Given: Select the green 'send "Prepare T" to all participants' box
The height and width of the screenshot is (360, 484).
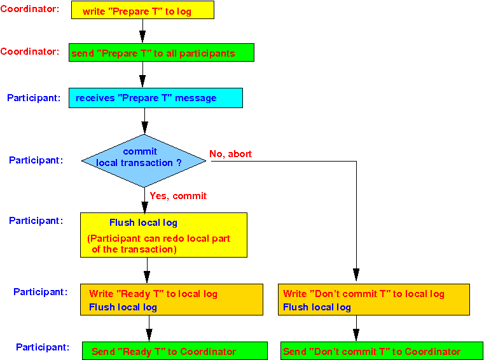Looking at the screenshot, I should pyautogui.click(x=161, y=53).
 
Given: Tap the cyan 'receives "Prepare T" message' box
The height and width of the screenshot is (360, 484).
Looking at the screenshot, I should pyautogui.click(x=155, y=98).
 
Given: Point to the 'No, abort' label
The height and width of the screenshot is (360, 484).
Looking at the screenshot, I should pyautogui.click(x=230, y=154).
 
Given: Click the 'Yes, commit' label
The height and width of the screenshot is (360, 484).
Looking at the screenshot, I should pyautogui.click(x=178, y=196).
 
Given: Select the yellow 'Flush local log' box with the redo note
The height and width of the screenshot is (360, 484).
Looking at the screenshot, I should pyautogui.click(x=163, y=235).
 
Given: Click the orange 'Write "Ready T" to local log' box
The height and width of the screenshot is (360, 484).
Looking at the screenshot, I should pyautogui.click(x=171, y=300).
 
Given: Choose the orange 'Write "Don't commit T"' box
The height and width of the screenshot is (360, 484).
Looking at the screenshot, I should pyautogui.click(x=374, y=300).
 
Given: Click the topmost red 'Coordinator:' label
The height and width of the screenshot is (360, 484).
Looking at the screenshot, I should pyautogui.click(x=30, y=9).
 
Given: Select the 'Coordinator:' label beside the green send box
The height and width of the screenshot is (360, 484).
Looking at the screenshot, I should pyautogui.click(x=30, y=52).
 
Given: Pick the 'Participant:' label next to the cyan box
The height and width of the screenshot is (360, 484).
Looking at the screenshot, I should pyautogui.click(x=34, y=98).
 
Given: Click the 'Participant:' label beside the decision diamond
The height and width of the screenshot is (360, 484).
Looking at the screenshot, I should pyautogui.click(x=36, y=160).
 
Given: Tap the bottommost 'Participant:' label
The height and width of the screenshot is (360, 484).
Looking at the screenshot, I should pyautogui.click(x=43, y=347).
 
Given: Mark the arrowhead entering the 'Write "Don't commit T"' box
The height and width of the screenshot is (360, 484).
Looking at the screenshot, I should pyautogui.click(x=356, y=276).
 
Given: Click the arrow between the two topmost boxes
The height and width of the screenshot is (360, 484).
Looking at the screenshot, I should pyautogui.click(x=142, y=31).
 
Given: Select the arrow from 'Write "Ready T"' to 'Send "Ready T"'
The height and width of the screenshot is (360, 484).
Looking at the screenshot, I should pyautogui.click(x=149, y=328).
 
